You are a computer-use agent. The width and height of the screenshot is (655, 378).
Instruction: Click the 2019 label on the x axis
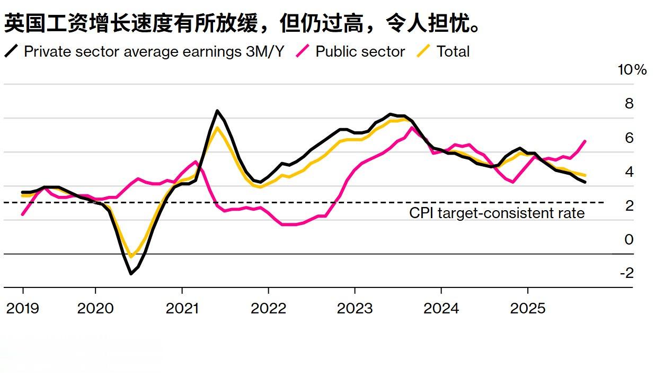pyautogui.click(x=22, y=308)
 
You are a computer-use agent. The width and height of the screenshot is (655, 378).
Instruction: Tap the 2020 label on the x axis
pyautogui.click(x=95, y=308)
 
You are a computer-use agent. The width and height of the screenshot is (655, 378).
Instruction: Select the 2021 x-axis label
pyautogui.click(x=182, y=308)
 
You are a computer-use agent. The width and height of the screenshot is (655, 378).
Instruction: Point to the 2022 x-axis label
pyautogui.click(x=268, y=308)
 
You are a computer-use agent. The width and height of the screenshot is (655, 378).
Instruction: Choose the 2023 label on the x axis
pyautogui.click(x=355, y=308)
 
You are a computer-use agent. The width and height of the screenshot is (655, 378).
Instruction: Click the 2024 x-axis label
pyautogui.click(x=441, y=308)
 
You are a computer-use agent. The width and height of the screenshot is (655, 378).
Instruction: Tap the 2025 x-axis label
pyautogui.click(x=527, y=308)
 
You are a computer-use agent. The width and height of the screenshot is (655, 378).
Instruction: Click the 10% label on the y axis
pyautogui.click(x=632, y=70)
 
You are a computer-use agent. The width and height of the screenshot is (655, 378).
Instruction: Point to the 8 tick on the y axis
pyautogui.click(x=629, y=104)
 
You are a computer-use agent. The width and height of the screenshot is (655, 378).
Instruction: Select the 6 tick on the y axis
pyautogui.click(x=629, y=138)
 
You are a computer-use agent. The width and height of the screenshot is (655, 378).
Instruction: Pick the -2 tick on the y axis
pyautogui.click(x=626, y=273)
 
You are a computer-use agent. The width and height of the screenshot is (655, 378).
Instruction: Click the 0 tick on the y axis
pyautogui.click(x=629, y=239)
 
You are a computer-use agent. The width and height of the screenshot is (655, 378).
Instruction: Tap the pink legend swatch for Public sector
pyautogui.click(x=303, y=51)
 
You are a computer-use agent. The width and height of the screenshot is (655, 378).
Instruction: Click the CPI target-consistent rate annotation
pyautogui.click(x=497, y=213)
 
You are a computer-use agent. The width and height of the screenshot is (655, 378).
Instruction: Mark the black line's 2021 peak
pyautogui.click(x=217, y=111)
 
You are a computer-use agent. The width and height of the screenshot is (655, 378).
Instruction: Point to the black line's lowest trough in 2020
pyautogui.click(x=131, y=274)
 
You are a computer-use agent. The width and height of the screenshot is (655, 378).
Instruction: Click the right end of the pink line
pyautogui.click(x=585, y=141)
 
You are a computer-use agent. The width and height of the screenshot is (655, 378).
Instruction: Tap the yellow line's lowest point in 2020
pyautogui.click(x=131, y=257)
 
